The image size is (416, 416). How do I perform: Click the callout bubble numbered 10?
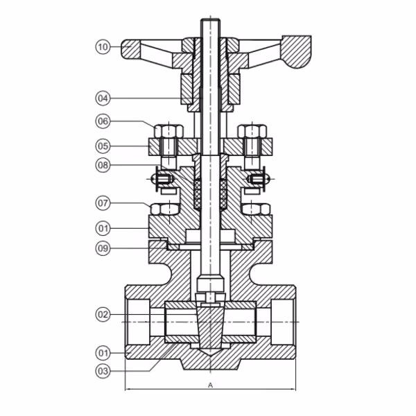(103, 47)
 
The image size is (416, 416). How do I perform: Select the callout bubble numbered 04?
(103, 98)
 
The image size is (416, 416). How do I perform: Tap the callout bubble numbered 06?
(103, 121)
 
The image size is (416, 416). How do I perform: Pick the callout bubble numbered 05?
(103, 146)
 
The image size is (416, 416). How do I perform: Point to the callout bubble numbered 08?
(103, 165)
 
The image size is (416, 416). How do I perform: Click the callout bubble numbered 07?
(103, 203)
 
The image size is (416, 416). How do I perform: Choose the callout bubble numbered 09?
(103, 248)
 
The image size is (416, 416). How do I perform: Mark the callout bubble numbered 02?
(103, 315)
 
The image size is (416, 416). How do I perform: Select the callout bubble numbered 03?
(103, 371)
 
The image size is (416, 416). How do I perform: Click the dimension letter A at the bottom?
(210, 385)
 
